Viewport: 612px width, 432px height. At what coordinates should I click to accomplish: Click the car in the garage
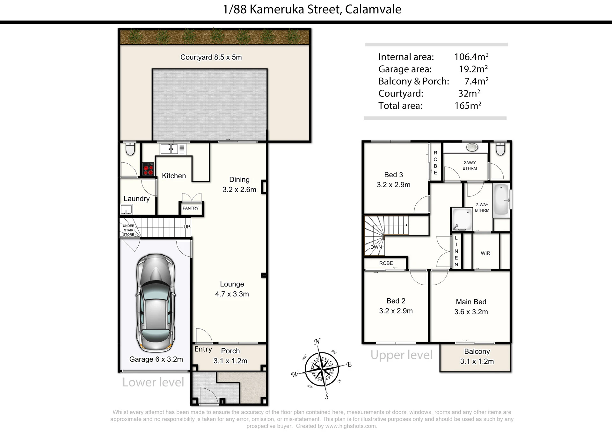156,303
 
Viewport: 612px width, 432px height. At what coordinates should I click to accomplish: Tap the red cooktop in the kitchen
149,169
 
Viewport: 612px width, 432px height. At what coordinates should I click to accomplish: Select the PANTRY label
191,208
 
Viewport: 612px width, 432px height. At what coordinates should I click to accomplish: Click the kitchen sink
169,149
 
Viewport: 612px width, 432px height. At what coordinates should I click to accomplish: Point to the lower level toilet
130,149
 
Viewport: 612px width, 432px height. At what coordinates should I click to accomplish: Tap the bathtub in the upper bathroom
501,200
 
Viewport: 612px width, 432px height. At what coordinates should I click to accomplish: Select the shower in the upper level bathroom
462,219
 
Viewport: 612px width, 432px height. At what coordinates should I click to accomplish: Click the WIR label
485,253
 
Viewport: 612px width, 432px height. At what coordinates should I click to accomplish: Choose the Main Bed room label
471,302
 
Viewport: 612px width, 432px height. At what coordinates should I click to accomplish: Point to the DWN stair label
376,247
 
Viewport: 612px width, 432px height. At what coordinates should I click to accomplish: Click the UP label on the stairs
187,227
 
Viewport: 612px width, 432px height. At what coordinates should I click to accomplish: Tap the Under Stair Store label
129,230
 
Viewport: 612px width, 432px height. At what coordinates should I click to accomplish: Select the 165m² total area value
468,105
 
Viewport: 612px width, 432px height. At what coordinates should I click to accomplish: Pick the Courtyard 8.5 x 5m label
211,57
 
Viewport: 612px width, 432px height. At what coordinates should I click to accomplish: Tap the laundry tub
126,210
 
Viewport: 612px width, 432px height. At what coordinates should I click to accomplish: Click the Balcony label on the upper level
477,351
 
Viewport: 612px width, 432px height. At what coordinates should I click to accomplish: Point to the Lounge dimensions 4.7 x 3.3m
232,294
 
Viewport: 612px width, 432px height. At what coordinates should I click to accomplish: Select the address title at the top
312,9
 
